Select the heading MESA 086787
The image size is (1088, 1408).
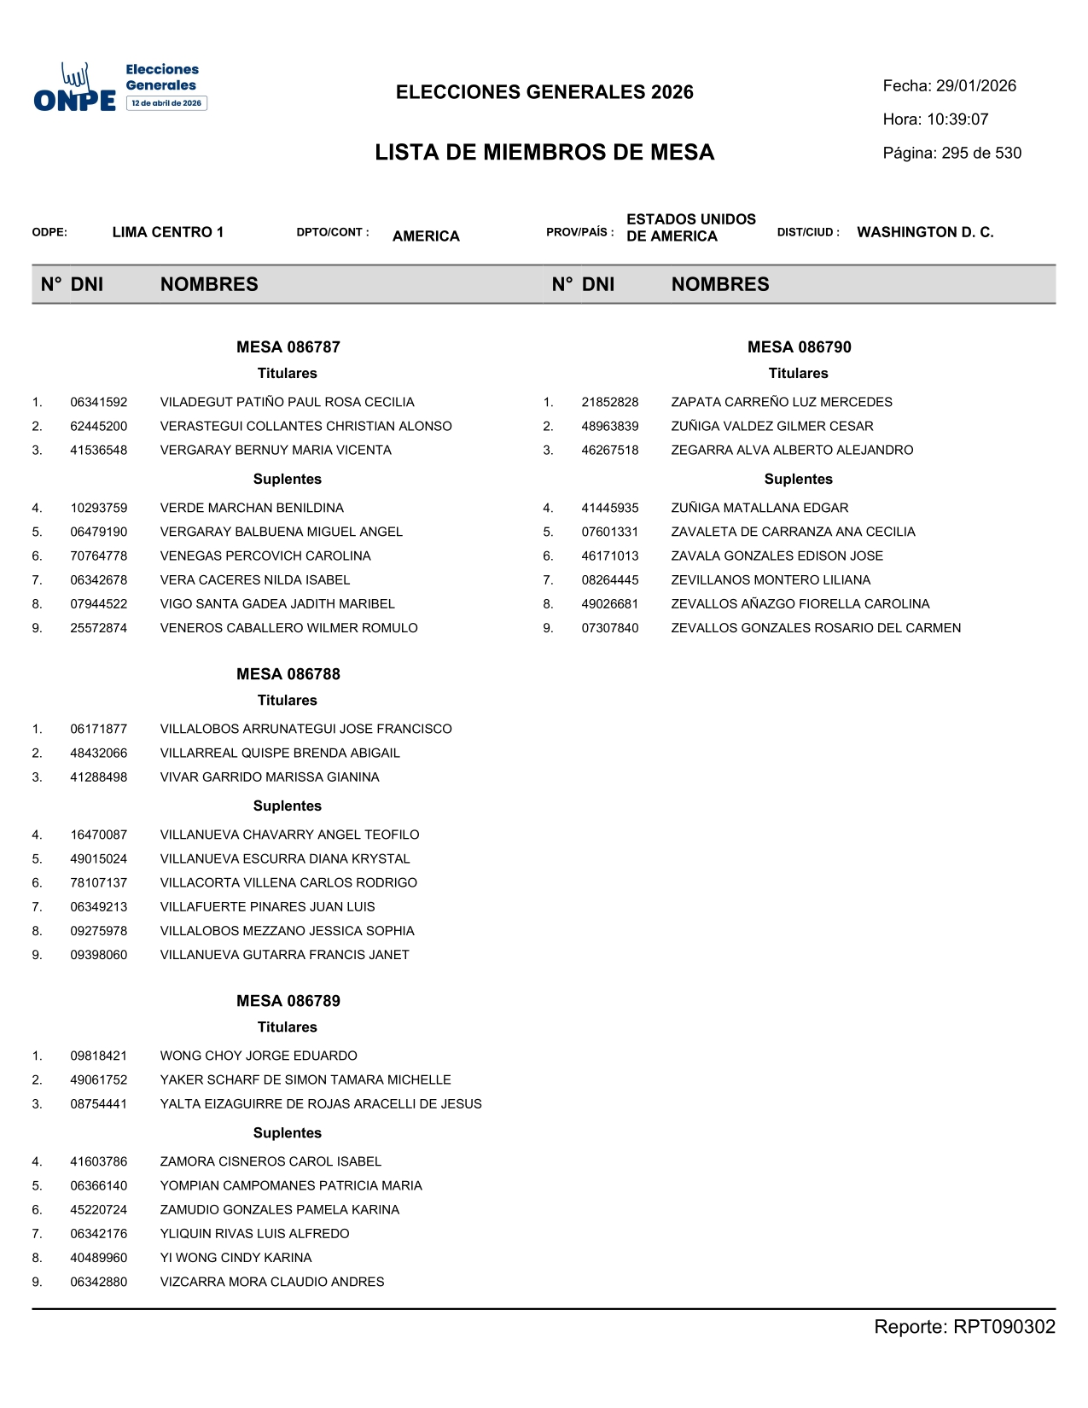[x=288, y=347]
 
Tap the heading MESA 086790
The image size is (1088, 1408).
[x=799, y=347]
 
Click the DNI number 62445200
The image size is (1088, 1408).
[x=99, y=427]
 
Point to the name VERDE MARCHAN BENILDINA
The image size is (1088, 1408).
[x=252, y=509]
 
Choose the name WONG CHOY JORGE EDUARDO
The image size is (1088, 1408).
[x=259, y=1056]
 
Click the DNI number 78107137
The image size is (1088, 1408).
[x=99, y=883]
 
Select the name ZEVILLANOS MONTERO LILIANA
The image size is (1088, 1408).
[x=771, y=580]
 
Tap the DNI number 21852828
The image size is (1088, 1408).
[x=610, y=403]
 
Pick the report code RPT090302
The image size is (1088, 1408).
[x=1004, y=1327]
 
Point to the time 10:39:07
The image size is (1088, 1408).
[x=957, y=119]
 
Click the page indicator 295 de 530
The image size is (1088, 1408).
[x=981, y=154]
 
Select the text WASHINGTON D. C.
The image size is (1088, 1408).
[x=925, y=232]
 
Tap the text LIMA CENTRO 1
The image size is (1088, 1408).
[x=168, y=232]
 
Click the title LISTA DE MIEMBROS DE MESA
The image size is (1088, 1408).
[x=544, y=153]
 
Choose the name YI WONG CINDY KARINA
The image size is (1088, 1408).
[x=236, y=1258]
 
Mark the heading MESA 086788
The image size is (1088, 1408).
[x=288, y=674]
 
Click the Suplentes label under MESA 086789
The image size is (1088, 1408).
[x=288, y=1133]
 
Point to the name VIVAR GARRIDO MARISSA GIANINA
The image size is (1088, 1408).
[x=270, y=777]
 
